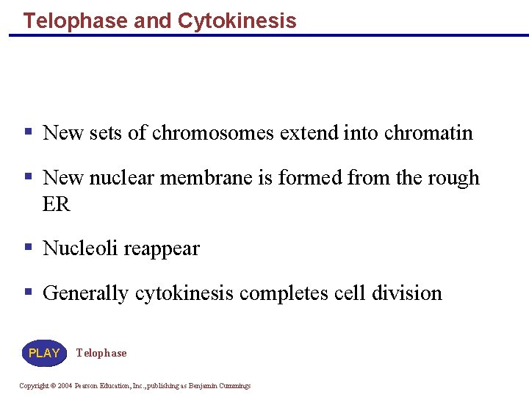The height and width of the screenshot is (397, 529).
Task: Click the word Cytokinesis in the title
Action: [x=237, y=21]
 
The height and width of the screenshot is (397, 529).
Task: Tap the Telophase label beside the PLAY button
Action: [x=101, y=353]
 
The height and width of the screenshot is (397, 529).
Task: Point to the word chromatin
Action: [x=428, y=133]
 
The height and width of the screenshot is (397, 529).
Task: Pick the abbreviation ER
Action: [x=57, y=204]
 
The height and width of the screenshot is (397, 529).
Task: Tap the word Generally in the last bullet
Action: [x=85, y=293]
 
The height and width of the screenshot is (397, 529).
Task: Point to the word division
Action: [x=407, y=293]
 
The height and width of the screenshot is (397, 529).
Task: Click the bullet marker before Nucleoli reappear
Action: [x=28, y=248]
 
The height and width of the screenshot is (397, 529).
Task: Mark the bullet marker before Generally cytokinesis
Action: [x=28, y=293]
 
